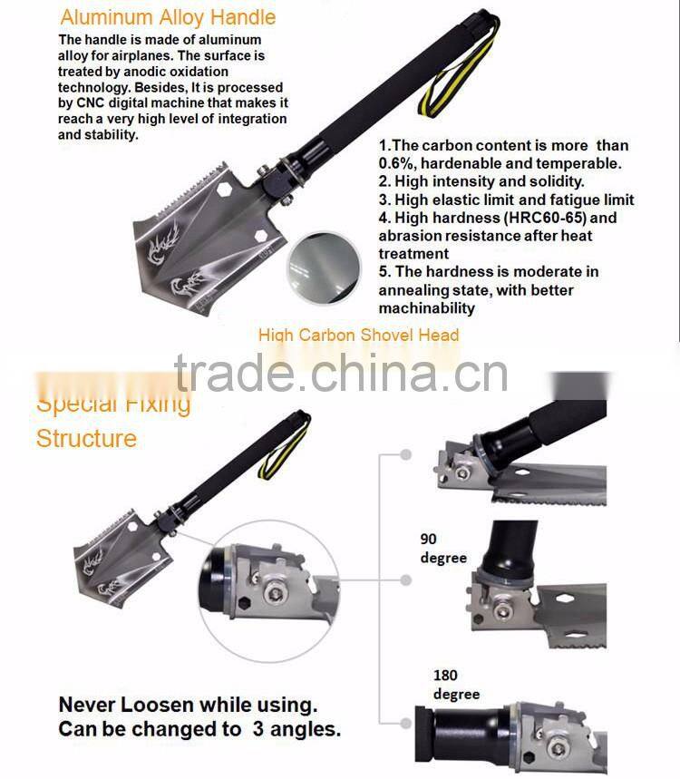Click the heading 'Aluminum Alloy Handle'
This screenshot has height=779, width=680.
point(168,18)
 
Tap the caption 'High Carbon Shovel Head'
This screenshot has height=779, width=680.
point(358,335)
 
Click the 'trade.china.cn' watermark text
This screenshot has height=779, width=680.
point(341,373)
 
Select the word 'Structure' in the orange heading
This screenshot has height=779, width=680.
point(86,438)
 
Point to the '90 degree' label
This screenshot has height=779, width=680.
point(443,548)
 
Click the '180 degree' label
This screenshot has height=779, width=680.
point(456,684)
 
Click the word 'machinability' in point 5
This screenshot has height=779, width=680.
point(426,308)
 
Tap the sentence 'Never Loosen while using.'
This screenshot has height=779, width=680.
point(188,705)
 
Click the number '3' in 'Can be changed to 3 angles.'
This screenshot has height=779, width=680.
point(257,729)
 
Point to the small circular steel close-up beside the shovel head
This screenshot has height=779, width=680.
point(324,268)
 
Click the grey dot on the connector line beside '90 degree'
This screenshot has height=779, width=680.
point(406,579)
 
